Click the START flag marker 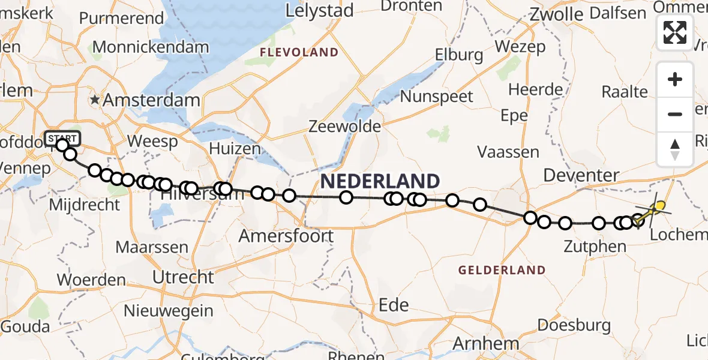(61, 139)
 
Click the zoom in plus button (675, 79)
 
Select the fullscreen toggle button (675, 32)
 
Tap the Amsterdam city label (151, 100)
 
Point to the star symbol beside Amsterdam (95, 100)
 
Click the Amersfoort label (286, 236)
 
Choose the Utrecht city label (183, 277)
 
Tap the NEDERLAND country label (380, 181)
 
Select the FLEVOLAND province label (299, 53)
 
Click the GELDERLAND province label (502, 270)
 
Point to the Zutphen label (595, 245)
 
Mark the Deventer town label (581, 176)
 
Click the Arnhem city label (486, 344)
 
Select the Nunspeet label (436, 97)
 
